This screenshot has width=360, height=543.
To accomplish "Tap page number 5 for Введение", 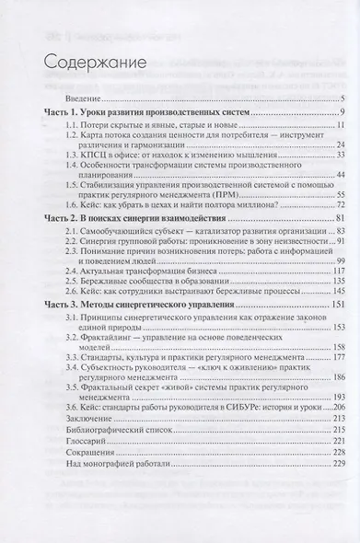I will click(x=342, y=98).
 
